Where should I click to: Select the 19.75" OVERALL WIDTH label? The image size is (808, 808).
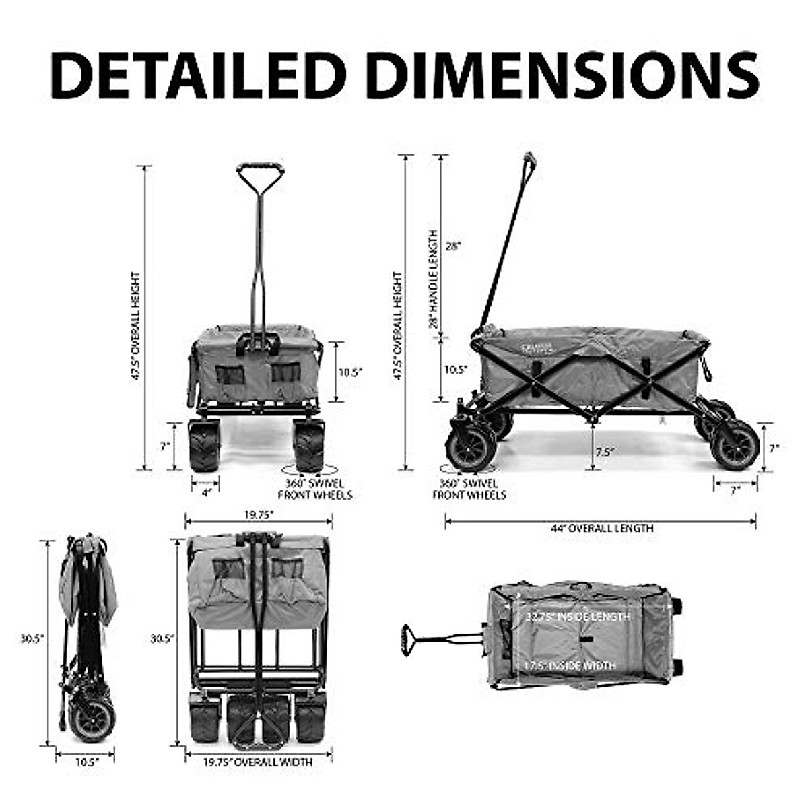coord(258,762)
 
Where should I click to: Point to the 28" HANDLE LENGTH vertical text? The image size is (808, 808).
coord(434,279)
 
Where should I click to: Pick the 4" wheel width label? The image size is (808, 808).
coord(207,492)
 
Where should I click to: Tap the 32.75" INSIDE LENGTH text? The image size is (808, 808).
coord(578,617)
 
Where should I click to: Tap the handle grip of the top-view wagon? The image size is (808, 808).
coord(406,639)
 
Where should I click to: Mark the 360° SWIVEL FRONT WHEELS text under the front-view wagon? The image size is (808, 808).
coord(315,490)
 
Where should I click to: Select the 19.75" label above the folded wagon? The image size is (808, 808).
coord(259,514)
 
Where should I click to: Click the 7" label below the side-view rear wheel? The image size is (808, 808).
coord(735,492)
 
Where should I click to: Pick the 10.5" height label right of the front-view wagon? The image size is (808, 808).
coord(350,371)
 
